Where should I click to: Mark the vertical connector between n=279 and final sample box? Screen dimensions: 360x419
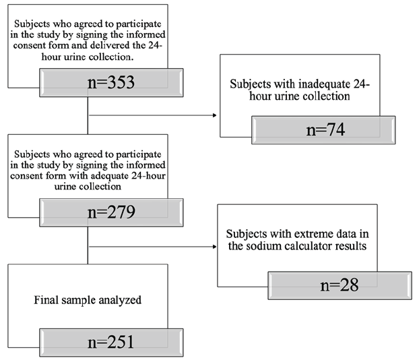[87, 246]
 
